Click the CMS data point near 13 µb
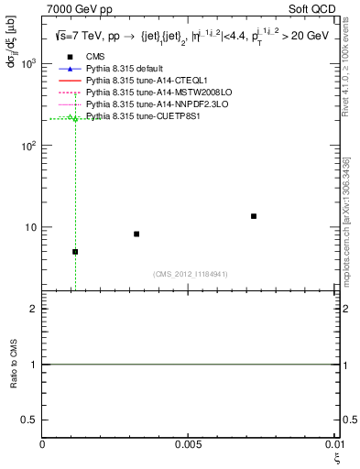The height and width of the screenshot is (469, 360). point(254,216)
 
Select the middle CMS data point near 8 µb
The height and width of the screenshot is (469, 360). point(136,234)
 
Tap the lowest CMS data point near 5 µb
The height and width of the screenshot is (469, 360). point(75,252)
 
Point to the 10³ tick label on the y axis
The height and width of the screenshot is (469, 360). point(29,64)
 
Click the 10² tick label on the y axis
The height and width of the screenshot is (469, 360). point(29,146)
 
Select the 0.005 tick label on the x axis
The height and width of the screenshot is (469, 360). point(190,445)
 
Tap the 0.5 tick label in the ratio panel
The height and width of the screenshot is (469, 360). point(29,420)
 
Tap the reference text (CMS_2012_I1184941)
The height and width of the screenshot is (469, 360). point(191,274)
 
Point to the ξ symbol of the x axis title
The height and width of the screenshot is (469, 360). point(335,457)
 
